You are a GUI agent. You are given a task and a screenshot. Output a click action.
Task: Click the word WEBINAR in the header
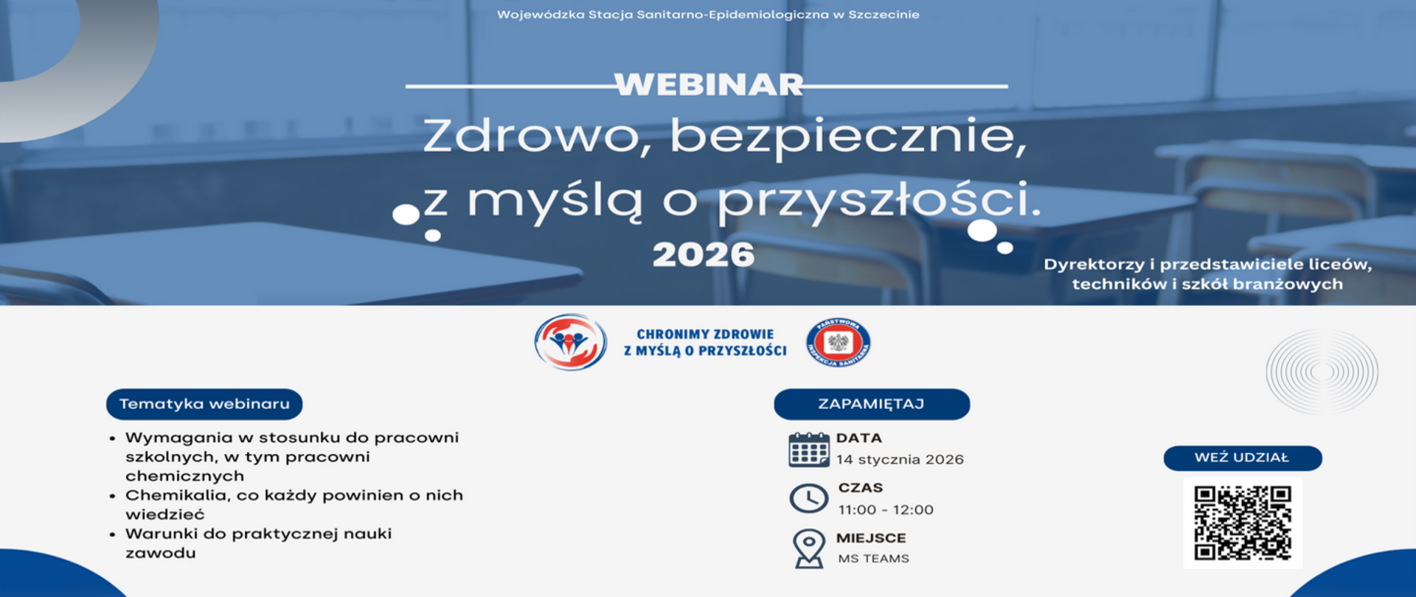(x=708, y=85)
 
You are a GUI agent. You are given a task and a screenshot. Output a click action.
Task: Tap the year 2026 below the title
(x=704, y=255)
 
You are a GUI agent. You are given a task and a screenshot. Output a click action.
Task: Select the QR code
(x=1243, y=523)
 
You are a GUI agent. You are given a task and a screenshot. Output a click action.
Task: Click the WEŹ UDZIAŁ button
(x=1243, y=458)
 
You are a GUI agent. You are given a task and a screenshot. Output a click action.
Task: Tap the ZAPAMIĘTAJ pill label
(x=871, y=404)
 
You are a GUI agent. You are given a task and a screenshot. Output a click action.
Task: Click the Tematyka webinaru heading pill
(x=204, y=404)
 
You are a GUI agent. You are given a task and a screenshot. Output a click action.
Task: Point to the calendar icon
(x=808, y=450)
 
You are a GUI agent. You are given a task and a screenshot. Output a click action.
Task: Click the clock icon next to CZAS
(x=808, y=499)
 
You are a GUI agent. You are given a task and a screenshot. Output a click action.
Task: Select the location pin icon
(x=808, y=548)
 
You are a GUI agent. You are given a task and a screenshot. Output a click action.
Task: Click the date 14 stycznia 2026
(x=900, y=460)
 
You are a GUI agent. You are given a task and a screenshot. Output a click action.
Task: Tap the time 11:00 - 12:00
(x=886, y=510)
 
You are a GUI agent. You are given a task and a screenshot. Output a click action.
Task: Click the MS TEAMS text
(x=873, y=559)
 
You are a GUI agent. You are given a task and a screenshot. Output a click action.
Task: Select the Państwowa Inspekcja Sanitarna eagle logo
(x=838, y=343)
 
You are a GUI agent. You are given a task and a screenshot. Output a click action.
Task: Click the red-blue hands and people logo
(x=570, y=342)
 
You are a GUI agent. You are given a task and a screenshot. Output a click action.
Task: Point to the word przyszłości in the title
(x=878, y=200)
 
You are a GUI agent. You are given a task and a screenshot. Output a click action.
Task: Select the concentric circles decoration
(x=1322, y=372)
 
